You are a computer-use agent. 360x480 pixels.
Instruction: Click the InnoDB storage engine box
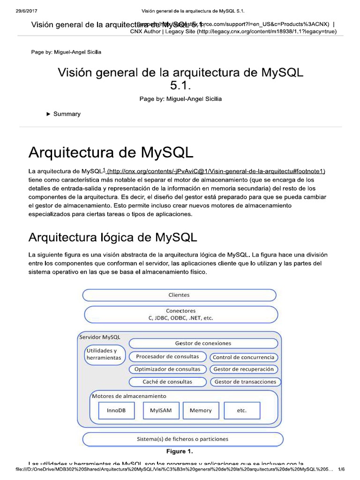coord(116,410)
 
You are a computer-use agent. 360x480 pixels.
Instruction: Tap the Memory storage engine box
coord(200,410)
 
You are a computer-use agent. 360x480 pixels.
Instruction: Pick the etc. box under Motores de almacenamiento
coord(242,410)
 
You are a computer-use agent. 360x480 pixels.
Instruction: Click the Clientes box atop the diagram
coord(179,295)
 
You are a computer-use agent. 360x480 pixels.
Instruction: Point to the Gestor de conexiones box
coord(203,343)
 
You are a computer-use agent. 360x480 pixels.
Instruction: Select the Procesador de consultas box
coord(167,356)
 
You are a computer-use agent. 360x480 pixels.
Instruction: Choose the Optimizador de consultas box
coord(167,369)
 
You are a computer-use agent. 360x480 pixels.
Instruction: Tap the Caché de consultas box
coord(167,382)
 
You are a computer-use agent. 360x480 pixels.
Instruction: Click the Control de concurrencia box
coord(243,357)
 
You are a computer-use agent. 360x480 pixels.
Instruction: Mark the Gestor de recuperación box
coord(243,369)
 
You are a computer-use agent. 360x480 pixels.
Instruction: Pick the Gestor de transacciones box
coord(245,382)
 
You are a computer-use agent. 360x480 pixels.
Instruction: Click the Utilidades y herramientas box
coord(104,354)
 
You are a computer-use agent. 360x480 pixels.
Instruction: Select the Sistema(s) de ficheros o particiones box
coord(183,439)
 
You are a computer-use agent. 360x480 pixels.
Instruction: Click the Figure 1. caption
coord(180,452)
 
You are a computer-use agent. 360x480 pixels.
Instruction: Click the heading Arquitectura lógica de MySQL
coord(112,237)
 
